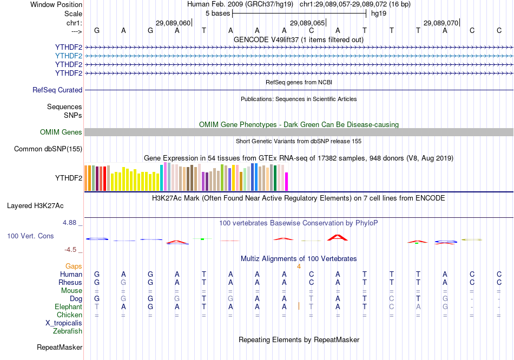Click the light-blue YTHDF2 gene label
(x=68, y=56)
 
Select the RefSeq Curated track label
(x=57, y=90)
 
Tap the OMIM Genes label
(x=61, y=132)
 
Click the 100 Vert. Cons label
(x=30, y=236)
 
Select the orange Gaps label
(x=74, y=266)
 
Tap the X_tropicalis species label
(x=64, y=323)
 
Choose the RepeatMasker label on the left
(x=60, y=347)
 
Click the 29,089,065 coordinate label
(x=307, y=23)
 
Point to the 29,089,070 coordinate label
(x=441, y=23)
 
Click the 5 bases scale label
(x=218, y=13)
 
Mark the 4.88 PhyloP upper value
(x=71, y=223)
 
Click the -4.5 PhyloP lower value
(x=71, y=250)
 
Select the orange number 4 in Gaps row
(x=299, y=266)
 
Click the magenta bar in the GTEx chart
(x=287, y=181)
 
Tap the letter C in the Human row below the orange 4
(x=311, y=275)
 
